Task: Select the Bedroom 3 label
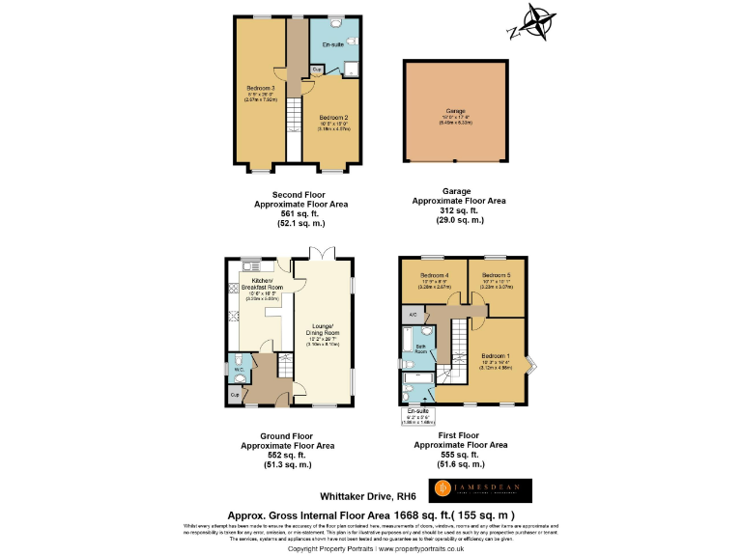tap(261, 89)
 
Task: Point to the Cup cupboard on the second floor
tap(317, 69)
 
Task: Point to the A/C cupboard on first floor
tap(413, 316)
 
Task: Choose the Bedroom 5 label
tap(496, 275)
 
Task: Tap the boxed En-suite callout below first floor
tap(420, 416)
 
